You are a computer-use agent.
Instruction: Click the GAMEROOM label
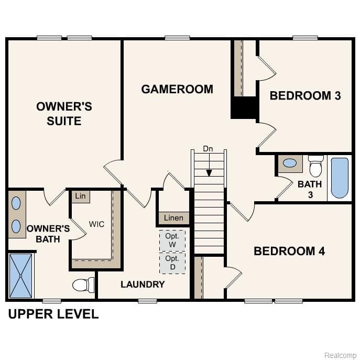coord(177,89)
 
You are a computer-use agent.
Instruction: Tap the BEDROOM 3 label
coord(305,95)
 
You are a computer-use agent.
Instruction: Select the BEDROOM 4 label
coord(289,251)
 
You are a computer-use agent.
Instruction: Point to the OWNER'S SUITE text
coord(64,114)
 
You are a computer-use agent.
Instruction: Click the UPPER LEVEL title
coord(53,314)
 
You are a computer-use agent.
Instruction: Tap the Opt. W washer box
coord(172,241)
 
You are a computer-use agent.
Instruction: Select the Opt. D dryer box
coord(172,263)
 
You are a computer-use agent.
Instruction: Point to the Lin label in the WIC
coord(80,197)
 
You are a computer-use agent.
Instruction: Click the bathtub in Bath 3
coord(339,178)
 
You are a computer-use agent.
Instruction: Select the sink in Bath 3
coord(289,163)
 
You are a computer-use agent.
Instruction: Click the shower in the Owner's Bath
coord(21,276)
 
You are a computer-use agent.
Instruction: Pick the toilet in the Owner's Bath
coord(82,285)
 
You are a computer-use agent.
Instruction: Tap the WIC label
coord(96,224)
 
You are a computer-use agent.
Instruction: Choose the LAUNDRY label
coord(143,285)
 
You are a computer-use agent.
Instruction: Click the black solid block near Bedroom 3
coord(244,108)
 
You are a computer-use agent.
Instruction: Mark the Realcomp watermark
coord(340,355)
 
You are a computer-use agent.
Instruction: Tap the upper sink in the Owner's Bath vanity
coord(16,203)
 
